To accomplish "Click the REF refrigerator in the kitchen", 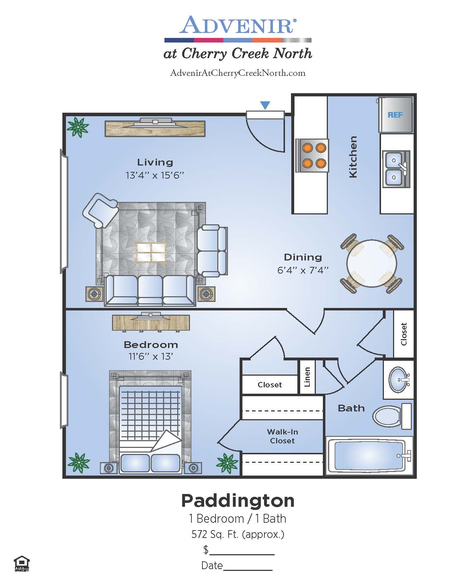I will pos(395,115).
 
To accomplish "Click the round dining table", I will pos(371,264).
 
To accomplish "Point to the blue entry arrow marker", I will pos(265,105).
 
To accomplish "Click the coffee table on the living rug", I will pos(151,252).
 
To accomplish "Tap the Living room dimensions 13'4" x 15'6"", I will pos(155,175).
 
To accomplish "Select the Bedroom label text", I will pos(151,344).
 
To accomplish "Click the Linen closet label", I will pos(307,377).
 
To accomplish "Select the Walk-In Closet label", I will pos(282,436).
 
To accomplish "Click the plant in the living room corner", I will pos(78,127).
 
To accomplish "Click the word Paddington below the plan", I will pos(238,500).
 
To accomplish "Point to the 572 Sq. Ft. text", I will pos(238,534).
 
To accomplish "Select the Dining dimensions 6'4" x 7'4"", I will pos(303,270).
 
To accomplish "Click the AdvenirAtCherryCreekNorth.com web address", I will pos(238,73).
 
